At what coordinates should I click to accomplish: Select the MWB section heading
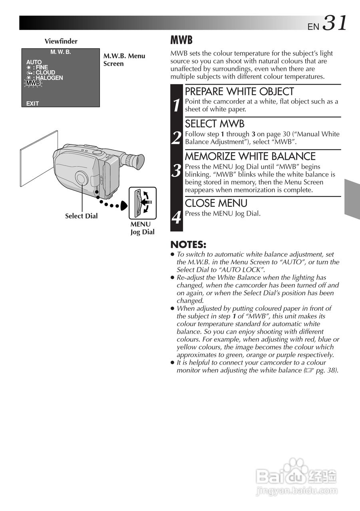coord(181,40)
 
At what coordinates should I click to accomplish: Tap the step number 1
coord(177,105)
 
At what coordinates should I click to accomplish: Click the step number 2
coord(177,138)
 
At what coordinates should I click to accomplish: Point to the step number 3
coord(177,170)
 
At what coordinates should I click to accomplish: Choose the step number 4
coord(177,218)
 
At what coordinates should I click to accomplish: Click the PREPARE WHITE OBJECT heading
coord(239,91)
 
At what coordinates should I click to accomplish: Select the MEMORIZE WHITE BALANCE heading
coord(250,156)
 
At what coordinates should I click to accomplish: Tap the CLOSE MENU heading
coord(216,203)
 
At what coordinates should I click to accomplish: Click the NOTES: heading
coord(188,244)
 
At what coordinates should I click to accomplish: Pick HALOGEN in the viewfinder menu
coord(49,78)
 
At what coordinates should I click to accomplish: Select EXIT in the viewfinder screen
coord(33,103)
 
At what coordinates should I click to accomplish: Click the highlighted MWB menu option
coord(33,83)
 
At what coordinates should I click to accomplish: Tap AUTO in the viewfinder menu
coord(34,62)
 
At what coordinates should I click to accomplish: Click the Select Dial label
coord(81,216)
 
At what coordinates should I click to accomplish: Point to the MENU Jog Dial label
coord(142,228)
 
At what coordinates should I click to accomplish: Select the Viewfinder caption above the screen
coord(61,41)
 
